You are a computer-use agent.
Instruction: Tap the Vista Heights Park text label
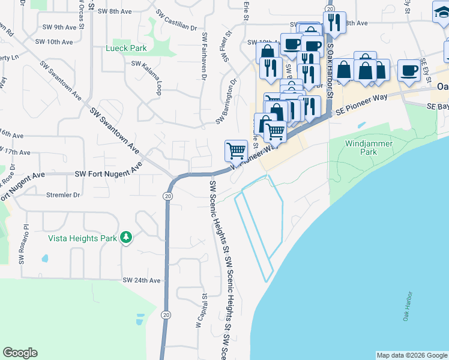coord(82,238)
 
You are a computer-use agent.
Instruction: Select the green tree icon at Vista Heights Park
coord(126,238)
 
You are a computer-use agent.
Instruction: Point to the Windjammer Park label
coord(369,148)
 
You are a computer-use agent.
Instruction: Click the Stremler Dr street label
coord(63,195)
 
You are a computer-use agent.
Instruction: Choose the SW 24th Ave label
coord(142,280)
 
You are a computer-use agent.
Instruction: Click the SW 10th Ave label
coord(55,42)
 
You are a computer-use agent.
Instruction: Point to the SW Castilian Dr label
coord(176,20)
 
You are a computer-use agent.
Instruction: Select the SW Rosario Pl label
coord(23,244)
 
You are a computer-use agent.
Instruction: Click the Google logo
coord(20,353)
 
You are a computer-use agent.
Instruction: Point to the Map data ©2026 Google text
coord(412,355)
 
